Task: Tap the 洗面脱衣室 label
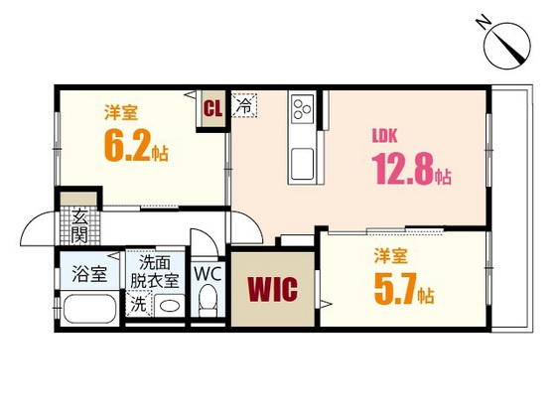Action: pyautogui.click(x=158, y=271)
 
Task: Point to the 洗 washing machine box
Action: pyautogui.click(x=139, y=304)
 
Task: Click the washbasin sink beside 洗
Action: pyautogui.click(x=168, y=305)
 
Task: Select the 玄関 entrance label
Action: pyautogui.click(x=78, y=225)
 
